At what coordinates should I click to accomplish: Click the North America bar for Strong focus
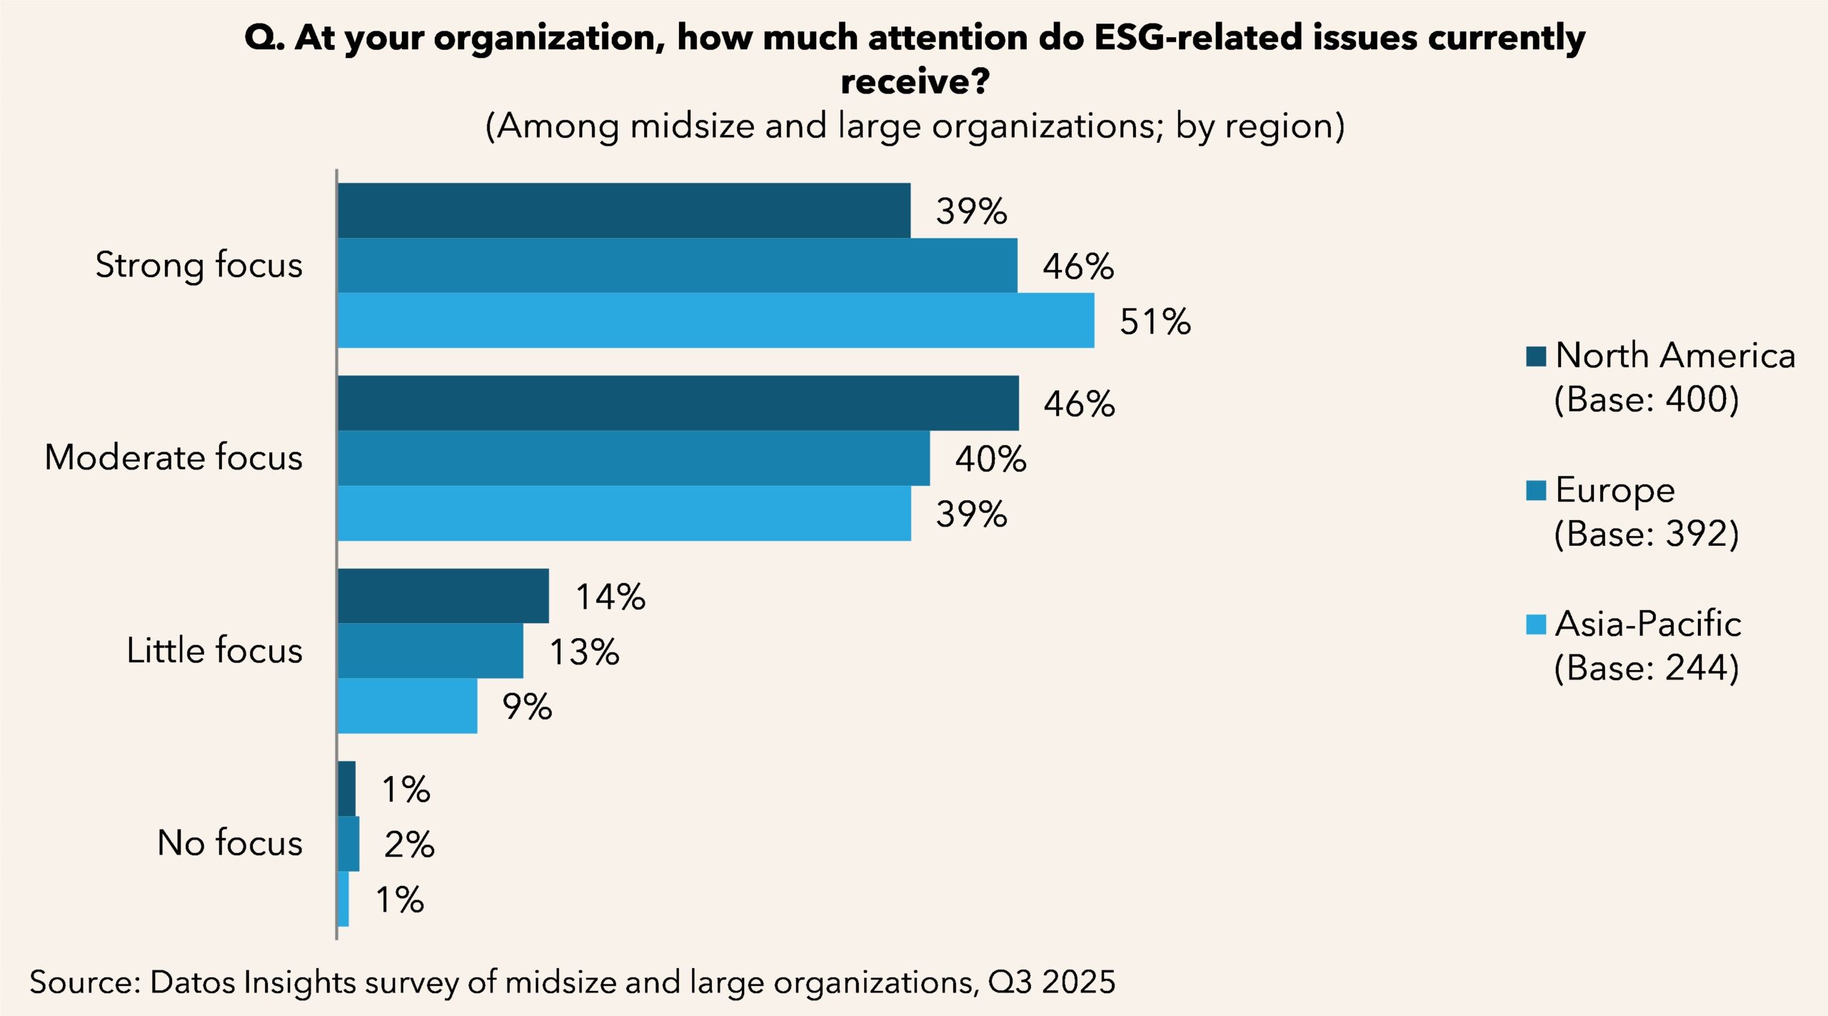point(623,210)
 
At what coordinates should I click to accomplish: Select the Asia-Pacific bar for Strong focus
point(715,320)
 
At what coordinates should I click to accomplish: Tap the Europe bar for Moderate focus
point(633,458)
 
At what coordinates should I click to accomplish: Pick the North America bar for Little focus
point(443,596)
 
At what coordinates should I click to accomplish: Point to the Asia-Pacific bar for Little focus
point(407,706)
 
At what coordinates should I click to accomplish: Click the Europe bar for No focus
point(348,844)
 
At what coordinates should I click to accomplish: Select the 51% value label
point(1155,322)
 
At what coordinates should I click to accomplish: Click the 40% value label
point(990,459)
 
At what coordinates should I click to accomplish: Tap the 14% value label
point(610,597)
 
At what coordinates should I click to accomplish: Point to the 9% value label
point(527,707)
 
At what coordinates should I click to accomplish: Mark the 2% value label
point(408,845)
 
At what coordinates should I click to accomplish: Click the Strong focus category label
point(199,265)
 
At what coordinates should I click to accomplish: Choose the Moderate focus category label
point(174,457)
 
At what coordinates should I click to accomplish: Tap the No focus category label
point(230,843)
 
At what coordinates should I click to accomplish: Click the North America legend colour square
point(1536,356)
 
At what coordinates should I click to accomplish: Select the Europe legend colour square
point(1536,490)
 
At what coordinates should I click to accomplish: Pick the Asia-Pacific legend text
point(1648,624)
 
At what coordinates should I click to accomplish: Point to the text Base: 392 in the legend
point(1647,534)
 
